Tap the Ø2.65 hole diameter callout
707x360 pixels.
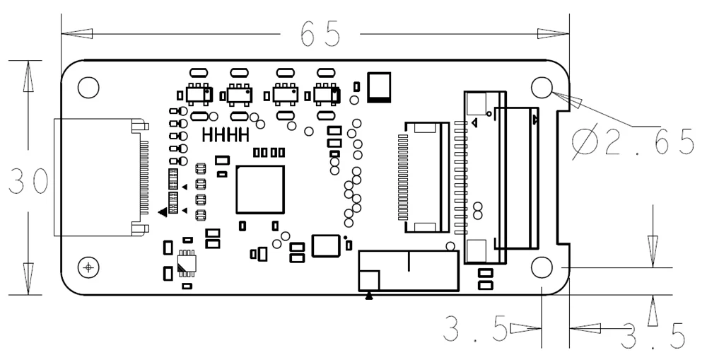click(x=633, y=143)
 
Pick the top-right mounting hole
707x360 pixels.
click(x=542, y=87)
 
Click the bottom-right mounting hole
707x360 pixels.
click(x=542, y=267)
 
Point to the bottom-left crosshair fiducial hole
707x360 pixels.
click(x=88, y=267)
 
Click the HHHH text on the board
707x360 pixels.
click(x=226, y=134)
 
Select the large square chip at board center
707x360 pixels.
click(x=260, y=189)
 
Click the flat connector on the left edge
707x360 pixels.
click(x=99, y=177)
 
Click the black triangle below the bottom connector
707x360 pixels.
click(x=369, y=296)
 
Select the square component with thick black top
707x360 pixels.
click(x=380, y=86)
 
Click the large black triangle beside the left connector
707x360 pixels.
click(x=162, y=211)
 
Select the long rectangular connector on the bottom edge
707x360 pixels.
click(x=409, y=269)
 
